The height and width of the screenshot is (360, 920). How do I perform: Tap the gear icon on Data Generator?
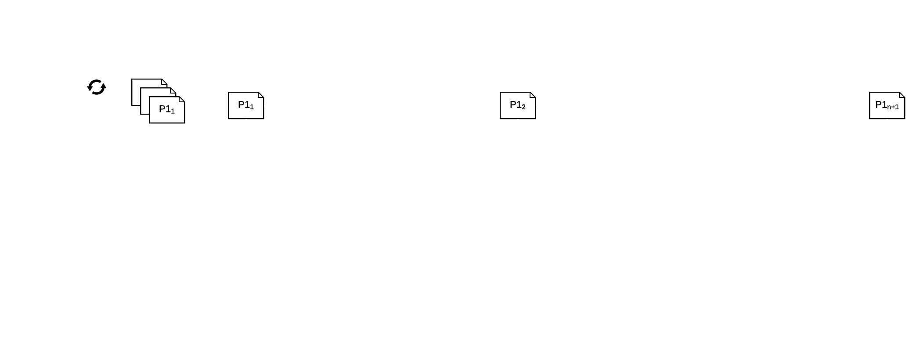97,88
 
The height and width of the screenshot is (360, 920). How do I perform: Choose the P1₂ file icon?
518,106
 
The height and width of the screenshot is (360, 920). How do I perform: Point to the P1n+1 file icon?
887,106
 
